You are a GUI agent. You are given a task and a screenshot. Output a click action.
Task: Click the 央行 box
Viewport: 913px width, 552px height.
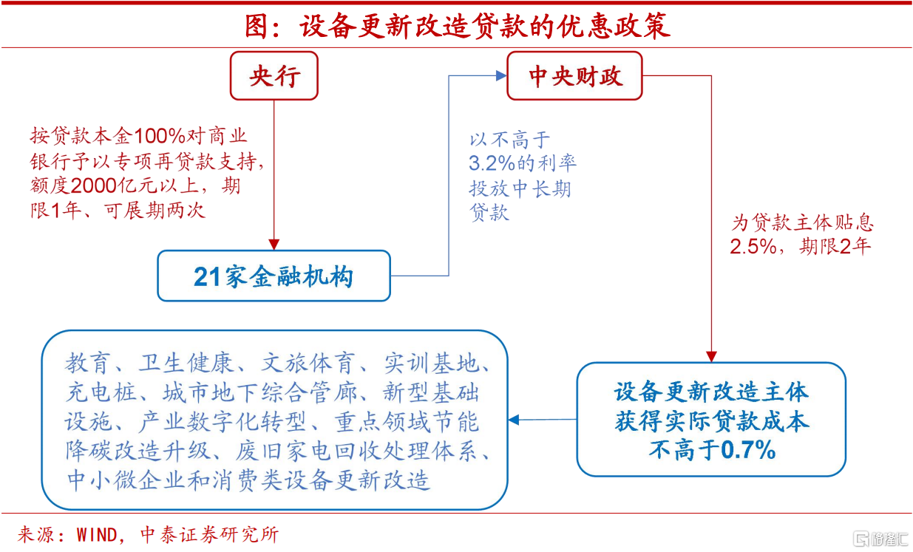[274, 76]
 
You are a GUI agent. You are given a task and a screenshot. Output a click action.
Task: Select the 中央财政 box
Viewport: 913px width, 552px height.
[574, 76]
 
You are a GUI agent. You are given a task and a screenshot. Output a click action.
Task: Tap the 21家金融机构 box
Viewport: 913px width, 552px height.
[274, 276]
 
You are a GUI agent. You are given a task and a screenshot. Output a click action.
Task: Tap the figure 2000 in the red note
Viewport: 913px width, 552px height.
[117, 185]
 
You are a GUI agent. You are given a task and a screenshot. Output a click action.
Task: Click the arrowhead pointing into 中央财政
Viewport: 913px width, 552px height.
[500, 75]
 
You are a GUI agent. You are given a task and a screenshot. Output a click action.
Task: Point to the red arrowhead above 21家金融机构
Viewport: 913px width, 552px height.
[274, 244]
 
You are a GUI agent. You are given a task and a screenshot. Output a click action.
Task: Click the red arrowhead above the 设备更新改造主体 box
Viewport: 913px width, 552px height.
[711, 356]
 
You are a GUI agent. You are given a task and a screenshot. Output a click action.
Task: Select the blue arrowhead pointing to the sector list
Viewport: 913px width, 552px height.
[515, 420]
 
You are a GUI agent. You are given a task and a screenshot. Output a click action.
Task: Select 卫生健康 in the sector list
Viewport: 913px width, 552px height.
[186, 363]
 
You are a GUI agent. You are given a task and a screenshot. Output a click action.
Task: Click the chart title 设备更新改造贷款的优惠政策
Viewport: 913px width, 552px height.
[484, 25]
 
